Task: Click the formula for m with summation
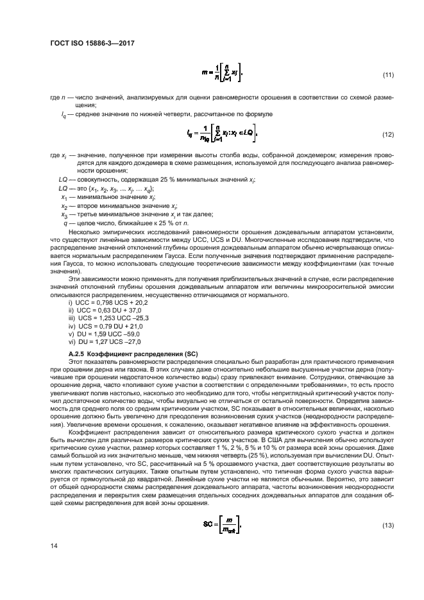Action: coord(221,76)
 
